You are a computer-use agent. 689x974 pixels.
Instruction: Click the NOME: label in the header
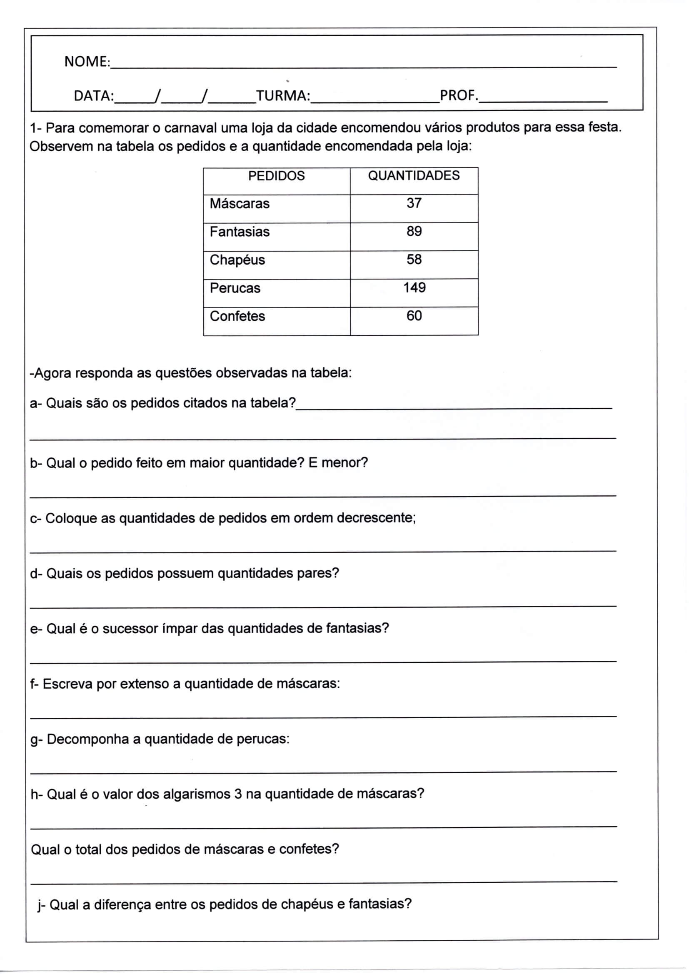coord(87,62)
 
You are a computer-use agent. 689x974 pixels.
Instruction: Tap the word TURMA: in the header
coord(283,96)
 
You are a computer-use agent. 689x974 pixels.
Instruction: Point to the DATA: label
coord(94,96)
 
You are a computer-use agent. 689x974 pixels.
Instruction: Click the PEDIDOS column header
coord(276,176)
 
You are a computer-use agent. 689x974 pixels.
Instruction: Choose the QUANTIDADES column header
coord(414,176)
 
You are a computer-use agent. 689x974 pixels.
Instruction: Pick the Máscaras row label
coord(239,204)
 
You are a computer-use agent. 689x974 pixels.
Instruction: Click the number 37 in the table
coord(414,203)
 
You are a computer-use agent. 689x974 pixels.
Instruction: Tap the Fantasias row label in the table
coord(239,232)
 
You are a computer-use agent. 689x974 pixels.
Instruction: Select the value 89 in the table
coord(414,231)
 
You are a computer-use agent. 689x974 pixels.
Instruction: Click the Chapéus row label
coord(237,260)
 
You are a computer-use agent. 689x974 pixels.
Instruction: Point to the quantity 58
coord(414,259)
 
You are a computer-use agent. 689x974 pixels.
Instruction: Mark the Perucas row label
coord(235,288)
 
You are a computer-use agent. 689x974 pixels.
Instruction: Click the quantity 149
coord(414,287)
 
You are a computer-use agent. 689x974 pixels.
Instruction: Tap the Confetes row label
coord(237,316)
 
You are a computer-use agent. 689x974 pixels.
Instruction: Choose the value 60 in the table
coord(414,316)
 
